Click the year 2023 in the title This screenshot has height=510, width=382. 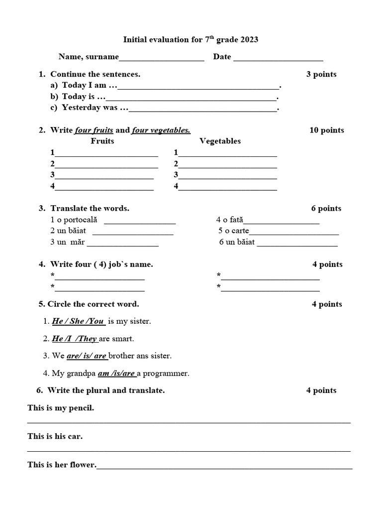[x=249, y=40]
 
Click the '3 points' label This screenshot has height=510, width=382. [x=321, y=74]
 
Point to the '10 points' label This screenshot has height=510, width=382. [x=327, y=130]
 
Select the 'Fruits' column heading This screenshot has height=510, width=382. [x=102, y=141]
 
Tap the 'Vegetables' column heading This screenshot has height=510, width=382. [x=220, y=141]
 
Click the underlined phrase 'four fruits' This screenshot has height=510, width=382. [x=94, y=130]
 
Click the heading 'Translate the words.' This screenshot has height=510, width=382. [x=90, y=208]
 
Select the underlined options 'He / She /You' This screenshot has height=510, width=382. [x=78, y=321]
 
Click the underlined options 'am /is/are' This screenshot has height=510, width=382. [x=116, y=373]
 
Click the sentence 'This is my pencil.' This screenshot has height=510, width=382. [x=61, y=408]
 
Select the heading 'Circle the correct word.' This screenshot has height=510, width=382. [x=93, y=304]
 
